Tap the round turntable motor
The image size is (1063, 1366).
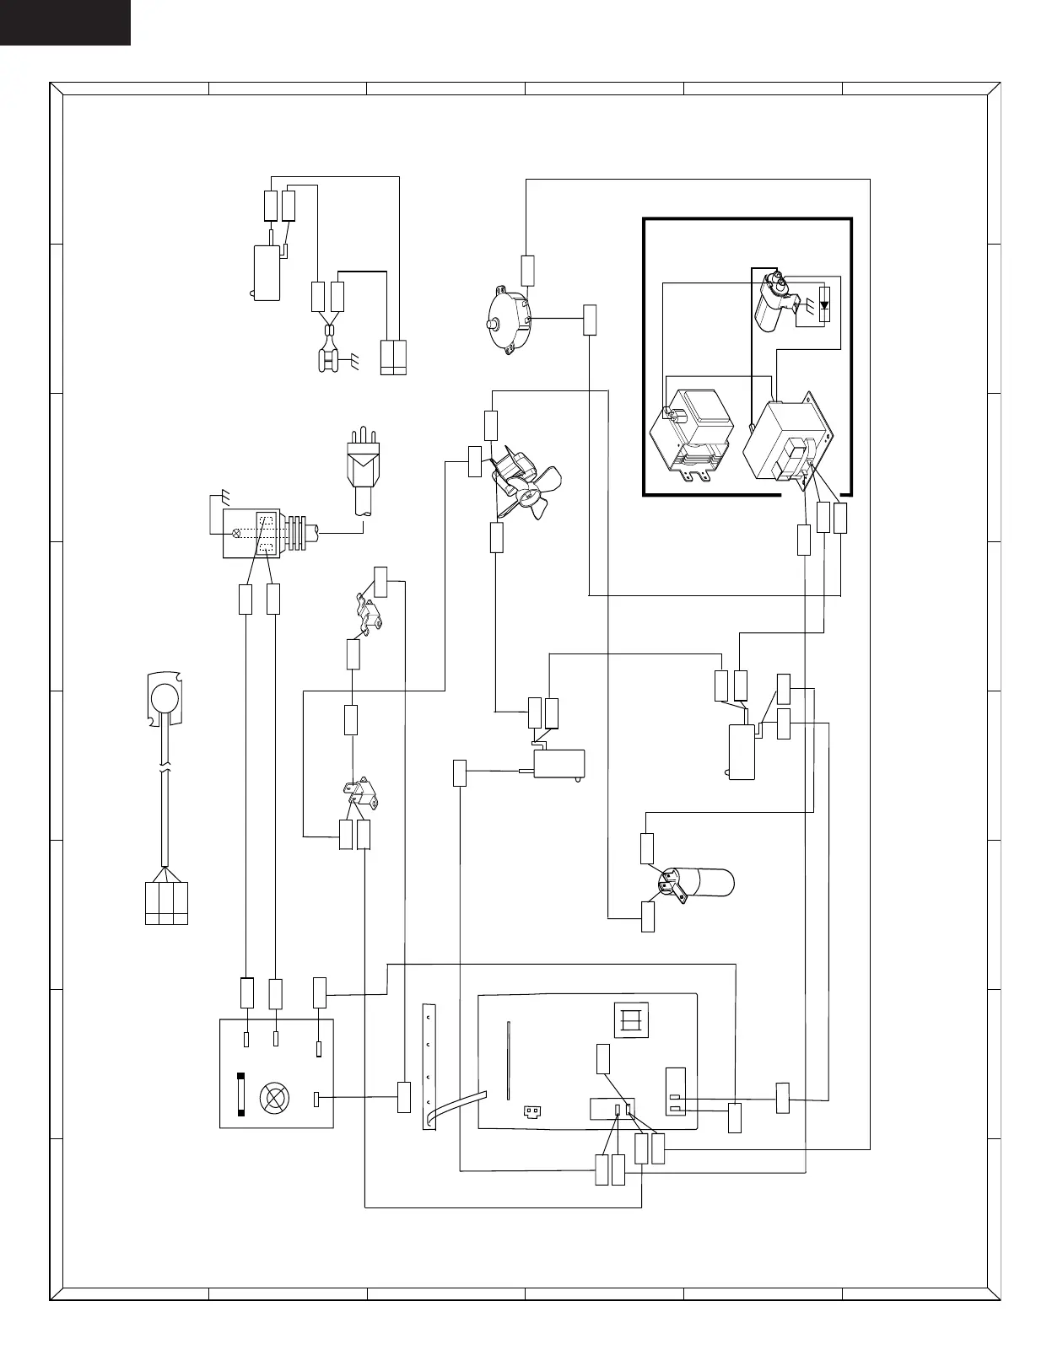tap(510, 321)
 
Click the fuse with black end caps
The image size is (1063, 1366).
tap(241, 1094)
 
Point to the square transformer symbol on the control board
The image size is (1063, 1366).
tap(631, 1020)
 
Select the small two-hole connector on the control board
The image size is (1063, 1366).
tap(531, 1111)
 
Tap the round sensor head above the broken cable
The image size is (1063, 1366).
tap(164, 697)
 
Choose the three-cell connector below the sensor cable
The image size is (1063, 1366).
tap(166, 903)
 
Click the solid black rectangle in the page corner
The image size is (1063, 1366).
tap(65, 22)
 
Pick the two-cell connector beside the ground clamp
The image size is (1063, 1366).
tap(393, 358)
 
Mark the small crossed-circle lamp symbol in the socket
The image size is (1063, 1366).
tap(236, 532)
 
